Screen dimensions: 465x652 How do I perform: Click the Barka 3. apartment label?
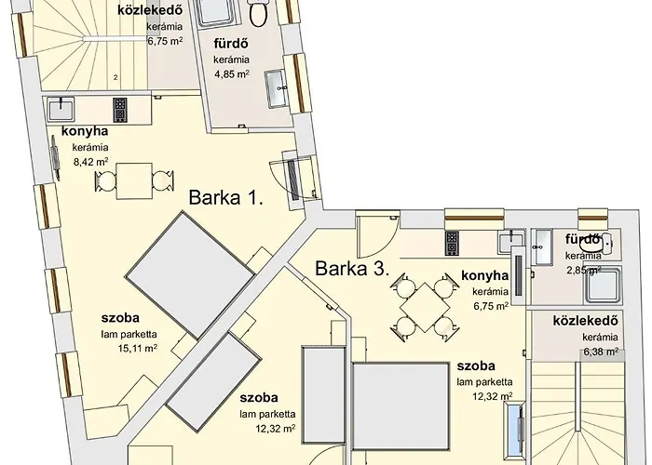[x=351, y=270]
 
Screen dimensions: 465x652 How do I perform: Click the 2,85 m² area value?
[x=585, y=271]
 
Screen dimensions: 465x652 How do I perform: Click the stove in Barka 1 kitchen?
[x=119, y=110]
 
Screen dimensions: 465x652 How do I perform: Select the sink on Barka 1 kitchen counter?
[x=61, y=109]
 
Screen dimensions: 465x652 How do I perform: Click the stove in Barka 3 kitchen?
[x=453, y=243]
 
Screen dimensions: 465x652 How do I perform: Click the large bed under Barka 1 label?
[x=191, y=274]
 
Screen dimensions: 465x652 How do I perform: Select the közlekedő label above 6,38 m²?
[x=586, y=321]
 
